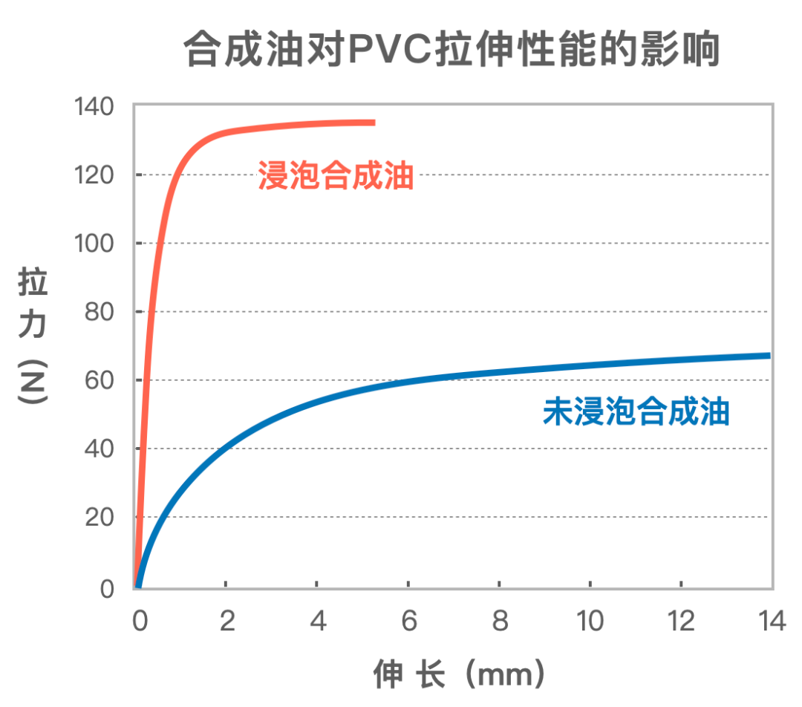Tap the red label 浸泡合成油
pos(336,176)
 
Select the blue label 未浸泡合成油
pos(636,411)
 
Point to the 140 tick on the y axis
pos(95,107)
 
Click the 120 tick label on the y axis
pos(95,175)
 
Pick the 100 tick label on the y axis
pos(95,244)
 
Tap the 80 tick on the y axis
pos(101,312)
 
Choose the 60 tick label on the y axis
pos(101,380)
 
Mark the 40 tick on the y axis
pos(101,449)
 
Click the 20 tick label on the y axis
pos(101,517)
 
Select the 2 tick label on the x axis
pos(227,621)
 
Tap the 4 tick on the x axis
pos(318,621)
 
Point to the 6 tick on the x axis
pos(409,621)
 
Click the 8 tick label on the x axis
pos(500,621)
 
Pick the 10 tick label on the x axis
pos(590,621)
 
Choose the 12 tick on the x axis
pos(681,621)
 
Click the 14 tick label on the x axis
pos(772,621)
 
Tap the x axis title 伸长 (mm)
pos(460,674)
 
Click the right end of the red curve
pos(373,123)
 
